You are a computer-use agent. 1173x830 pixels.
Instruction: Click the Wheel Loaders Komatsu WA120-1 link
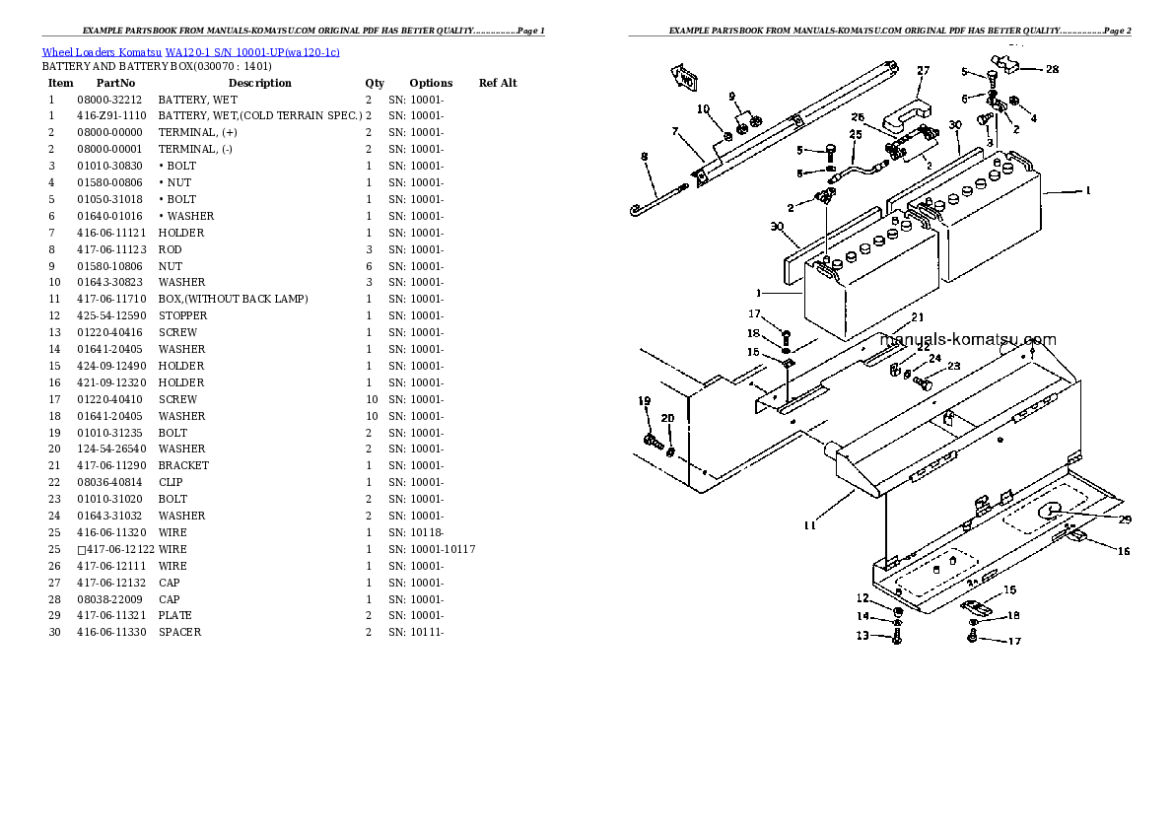190,51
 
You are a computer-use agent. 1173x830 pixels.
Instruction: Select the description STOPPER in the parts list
182,315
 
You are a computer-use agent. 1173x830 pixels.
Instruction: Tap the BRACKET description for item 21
183,465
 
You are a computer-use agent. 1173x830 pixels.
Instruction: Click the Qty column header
375,83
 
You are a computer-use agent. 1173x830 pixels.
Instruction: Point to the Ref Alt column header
498,83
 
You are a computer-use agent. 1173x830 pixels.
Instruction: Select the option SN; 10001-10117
432,549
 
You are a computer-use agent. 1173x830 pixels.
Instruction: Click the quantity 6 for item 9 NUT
369,266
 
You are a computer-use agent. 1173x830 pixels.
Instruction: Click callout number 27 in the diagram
923,71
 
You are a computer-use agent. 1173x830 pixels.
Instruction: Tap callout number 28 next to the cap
1053,69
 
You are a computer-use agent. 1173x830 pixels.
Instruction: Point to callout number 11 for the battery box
809,525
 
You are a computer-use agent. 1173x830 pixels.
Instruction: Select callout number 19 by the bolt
645,400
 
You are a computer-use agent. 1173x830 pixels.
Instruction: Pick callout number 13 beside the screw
862,636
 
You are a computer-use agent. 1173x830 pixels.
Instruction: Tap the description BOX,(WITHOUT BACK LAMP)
233,299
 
